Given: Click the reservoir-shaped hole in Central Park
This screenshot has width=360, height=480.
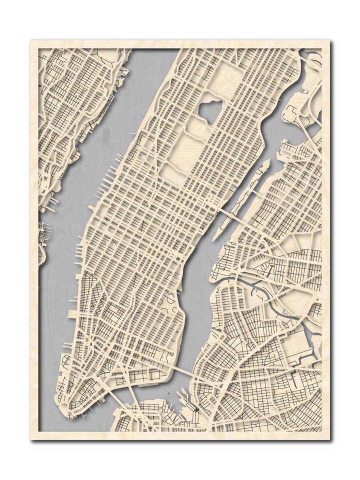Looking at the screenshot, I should pyautogui.click(x=210, y=111).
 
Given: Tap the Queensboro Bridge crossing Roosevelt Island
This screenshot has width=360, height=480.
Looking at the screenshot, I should pyautogui.click(x=233, y=216).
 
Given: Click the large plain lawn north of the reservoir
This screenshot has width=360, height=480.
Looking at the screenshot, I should pyautogui.click(x=225, y=77).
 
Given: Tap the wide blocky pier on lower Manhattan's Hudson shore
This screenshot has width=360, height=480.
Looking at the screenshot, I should pyautogui.click(x=72, y=314).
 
